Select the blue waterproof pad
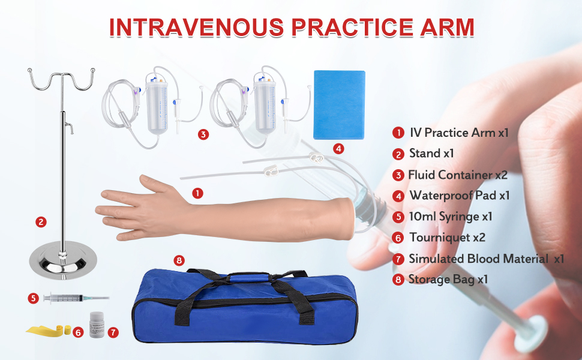point(340,104)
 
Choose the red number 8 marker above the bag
point(178,260)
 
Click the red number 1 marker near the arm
point(197,193)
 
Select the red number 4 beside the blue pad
point(338,148)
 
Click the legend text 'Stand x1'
point(431,154)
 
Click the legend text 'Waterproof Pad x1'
point(460,196)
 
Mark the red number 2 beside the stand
point(41,222)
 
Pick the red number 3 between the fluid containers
point(203,134)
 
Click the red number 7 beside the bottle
point(114,331)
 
